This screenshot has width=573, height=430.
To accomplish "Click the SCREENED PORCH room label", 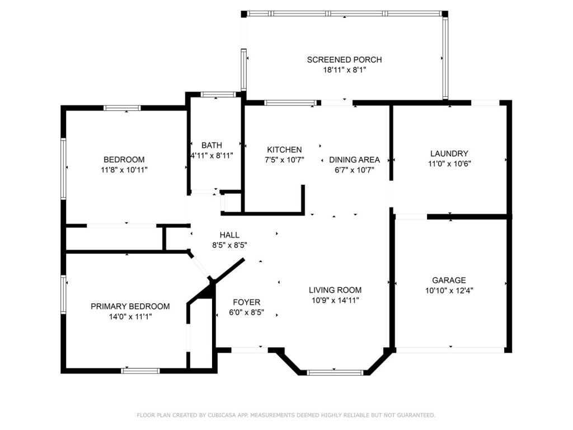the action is coord(344,59).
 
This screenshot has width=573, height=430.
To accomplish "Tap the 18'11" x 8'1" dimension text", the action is coord(344,70).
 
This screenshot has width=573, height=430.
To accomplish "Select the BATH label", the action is coord(212,145).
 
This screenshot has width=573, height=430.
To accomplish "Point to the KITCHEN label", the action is coord(284,149).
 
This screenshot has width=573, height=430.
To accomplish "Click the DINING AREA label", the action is coord(354,160).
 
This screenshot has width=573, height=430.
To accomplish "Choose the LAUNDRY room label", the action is coord(449,153).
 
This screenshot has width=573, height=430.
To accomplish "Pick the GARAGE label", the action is coord(449,281).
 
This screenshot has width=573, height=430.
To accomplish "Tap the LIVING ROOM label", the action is coord(335,291).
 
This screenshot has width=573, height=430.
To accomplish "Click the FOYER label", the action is coord(247,302).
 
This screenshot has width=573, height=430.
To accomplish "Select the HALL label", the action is coord(229,235).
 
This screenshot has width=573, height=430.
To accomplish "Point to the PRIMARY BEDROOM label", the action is coord(130,306).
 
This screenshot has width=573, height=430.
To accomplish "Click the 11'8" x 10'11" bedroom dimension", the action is coord(124,170).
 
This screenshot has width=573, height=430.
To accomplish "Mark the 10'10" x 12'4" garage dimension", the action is coord(449,291).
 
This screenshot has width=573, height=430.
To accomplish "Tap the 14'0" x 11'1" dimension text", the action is coord(130,317).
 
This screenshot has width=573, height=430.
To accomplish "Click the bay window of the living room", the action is coord(335,372).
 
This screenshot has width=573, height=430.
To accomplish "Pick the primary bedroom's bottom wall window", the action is coord(140,371).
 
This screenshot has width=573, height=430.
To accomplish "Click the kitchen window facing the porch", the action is coord(290,103).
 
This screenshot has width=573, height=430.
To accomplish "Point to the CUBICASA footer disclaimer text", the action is coord(286,415).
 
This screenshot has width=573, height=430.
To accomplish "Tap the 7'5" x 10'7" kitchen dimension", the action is coord(284,160).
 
